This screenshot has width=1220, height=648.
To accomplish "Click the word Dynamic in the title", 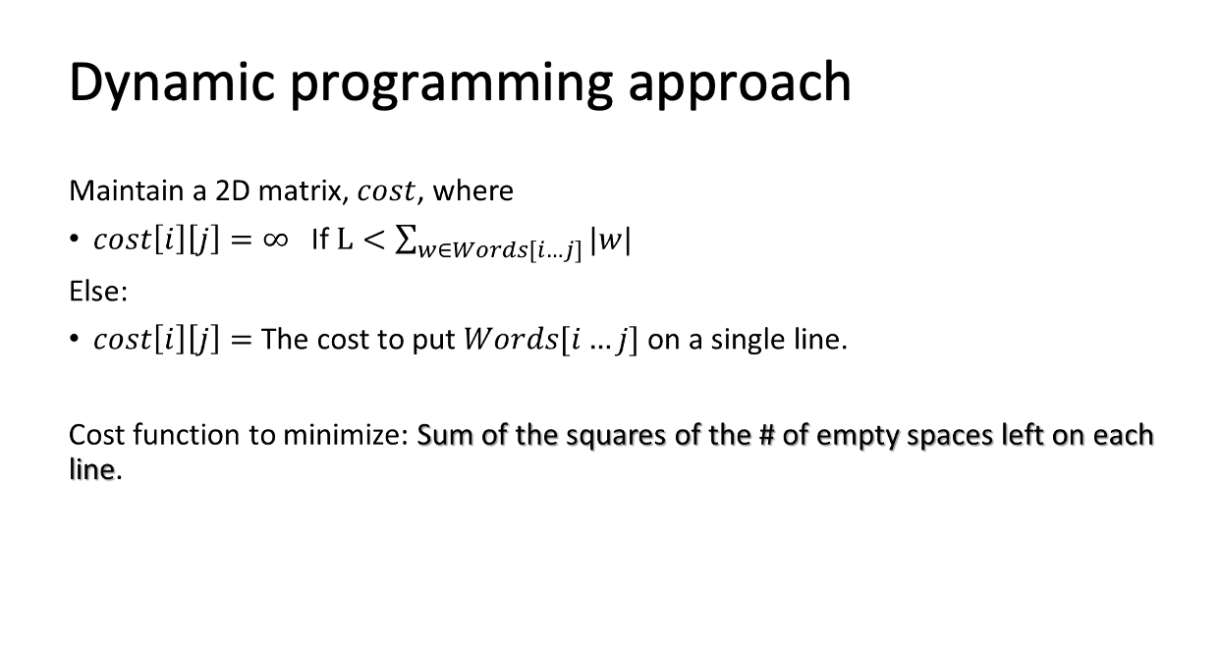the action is pyautogui.click(x=172, y=82).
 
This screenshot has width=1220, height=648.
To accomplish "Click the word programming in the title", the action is pyautogui.click(x=452, y=84).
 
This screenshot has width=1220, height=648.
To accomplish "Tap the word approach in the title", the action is pyautogui.click(x=740, y=84).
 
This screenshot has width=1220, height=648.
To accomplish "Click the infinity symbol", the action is pyautogui.click(x=275, y=239).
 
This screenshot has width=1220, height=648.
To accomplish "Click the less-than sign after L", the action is pyautogui.click(x=373, y=240).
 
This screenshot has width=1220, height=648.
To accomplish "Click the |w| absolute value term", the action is pyautogui.click(x=611, y=240).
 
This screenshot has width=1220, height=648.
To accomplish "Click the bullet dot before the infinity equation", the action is pyautogui.click(x=75, y=239).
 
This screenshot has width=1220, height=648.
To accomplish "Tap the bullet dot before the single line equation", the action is pyautogui.click(x=75, y=339).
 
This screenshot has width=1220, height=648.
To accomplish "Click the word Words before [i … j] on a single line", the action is pyautogui.click(x=511, y=339).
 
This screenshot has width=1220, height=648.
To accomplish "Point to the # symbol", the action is pyautogui.click(x=766, y=435).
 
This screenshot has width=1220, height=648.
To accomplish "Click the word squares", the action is pyautogui.click(x=616, y=437).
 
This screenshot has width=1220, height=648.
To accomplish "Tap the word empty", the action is pyautogui.click(x=858, y=437).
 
